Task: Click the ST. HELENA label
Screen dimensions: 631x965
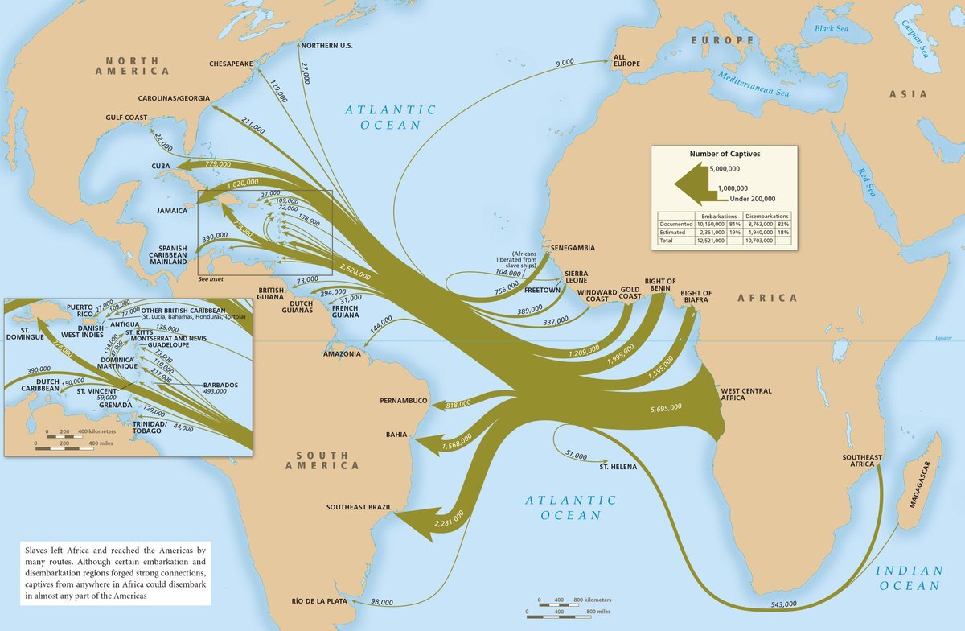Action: [618, 466]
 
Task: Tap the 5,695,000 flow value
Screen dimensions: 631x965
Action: [664, 408]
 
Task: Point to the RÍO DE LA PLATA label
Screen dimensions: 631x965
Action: [322, 601]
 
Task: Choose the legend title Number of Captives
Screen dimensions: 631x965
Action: [725, 153]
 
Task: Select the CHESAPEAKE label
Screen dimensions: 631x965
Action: [231, 63]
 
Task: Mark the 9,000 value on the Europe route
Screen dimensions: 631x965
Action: [565, 62]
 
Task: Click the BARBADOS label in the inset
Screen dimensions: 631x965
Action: [220, 385]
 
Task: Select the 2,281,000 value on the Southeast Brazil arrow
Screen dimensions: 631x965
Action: [448, 519]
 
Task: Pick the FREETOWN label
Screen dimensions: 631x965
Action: [543, 290]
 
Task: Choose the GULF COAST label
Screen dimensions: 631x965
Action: [126, 118]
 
